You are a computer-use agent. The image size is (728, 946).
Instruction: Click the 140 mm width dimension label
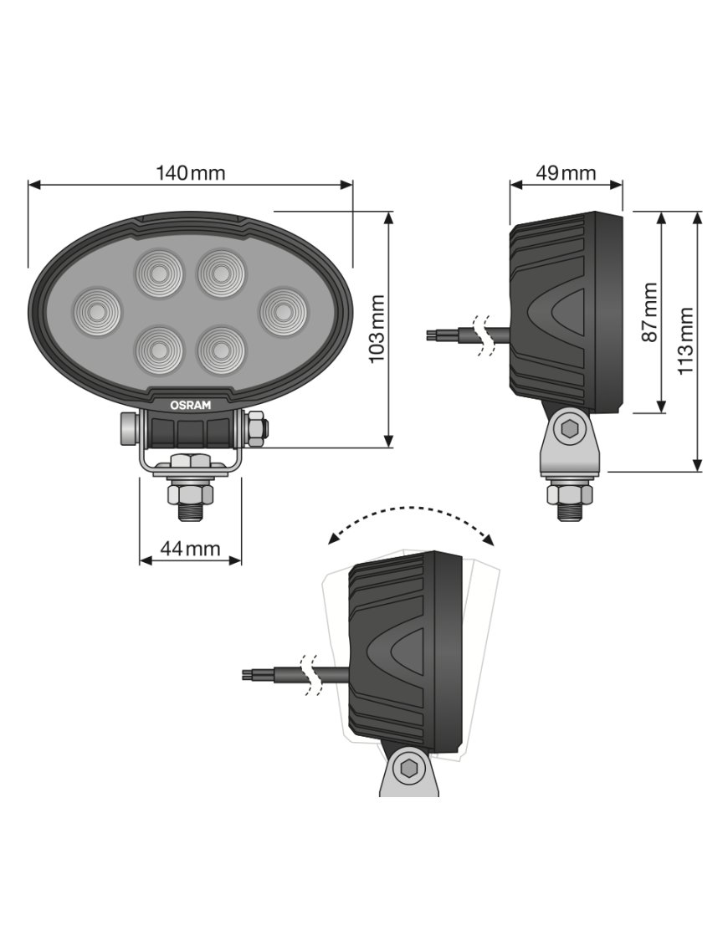[x=190, y=173]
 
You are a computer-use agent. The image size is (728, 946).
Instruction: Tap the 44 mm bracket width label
[x=190, y=549]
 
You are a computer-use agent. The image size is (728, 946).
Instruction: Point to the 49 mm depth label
[x=566, y=173]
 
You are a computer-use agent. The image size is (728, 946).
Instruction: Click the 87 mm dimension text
[x=649, y=312]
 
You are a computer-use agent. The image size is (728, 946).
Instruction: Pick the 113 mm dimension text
[x=685, y=341]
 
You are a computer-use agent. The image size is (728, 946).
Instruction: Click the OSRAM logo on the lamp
[x=191, y=405]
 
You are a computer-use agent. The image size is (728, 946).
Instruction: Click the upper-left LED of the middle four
[x=158, y=272]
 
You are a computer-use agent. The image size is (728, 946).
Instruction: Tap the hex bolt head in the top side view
[x=571, y=430]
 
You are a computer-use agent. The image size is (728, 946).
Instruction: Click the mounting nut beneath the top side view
[x=570, y=493]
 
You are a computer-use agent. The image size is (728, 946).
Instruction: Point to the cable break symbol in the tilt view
[x=312, y=676]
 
